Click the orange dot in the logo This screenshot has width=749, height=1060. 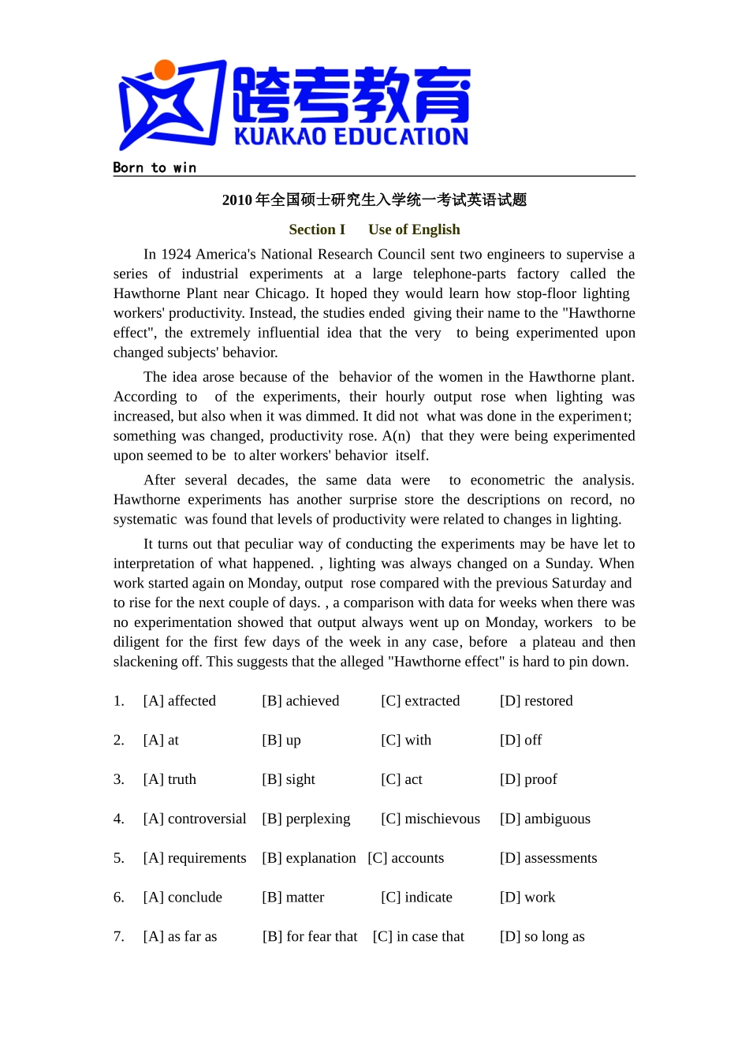(x=165, y=70)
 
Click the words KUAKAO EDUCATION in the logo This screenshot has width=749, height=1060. (x=351, y=136)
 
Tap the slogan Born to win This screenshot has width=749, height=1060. (x=155, y=167)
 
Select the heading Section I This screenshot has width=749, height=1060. (x=317, y=230)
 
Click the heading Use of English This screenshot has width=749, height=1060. (x=414, y=230)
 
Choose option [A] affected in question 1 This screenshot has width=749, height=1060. (x=180, y=700)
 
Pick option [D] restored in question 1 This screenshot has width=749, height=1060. (x=536, y=700)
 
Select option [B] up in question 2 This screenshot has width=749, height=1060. (x=281, y=740)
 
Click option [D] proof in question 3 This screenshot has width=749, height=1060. (x=528, y=779)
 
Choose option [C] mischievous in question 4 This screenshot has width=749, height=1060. (x=430, y=819)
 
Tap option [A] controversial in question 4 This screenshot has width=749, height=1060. (x=195, y=819)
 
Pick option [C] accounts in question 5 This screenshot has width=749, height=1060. (x=406, y=858)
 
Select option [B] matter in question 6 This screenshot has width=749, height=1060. (x=293, y=898)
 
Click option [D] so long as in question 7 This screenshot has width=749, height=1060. (x=542, y=937)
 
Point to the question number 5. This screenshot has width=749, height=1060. (x=118, y=858)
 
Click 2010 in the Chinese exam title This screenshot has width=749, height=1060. (x=237, y=200)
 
